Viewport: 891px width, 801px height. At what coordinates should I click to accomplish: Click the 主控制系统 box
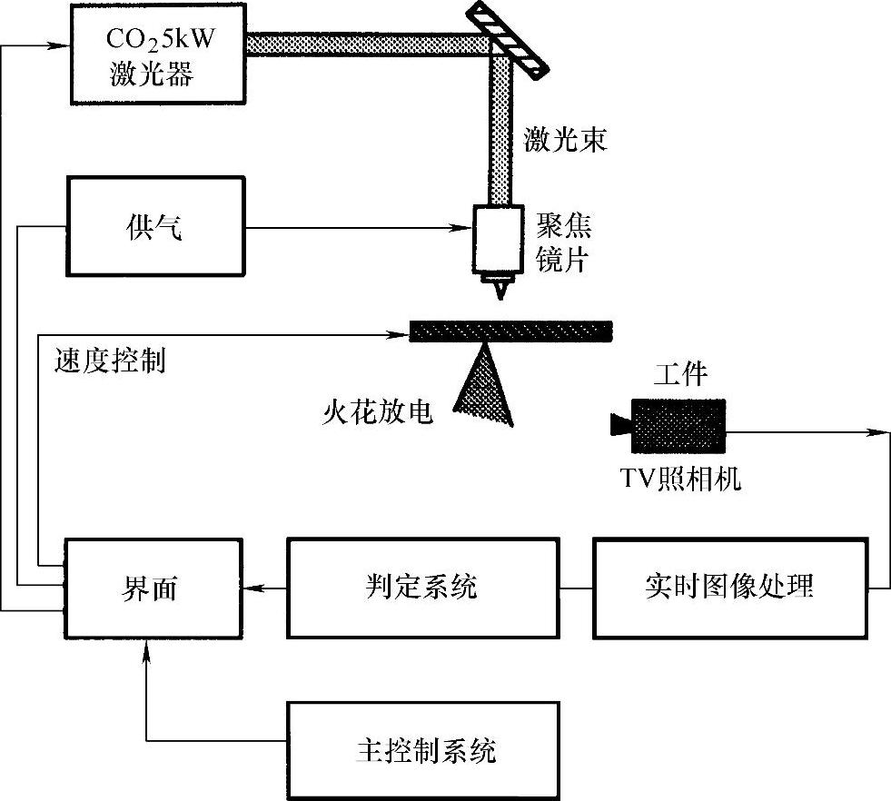pyautogui.click(x=422, y=751)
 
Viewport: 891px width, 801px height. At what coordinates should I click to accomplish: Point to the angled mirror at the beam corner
pyautogui.click(x=508, y=38)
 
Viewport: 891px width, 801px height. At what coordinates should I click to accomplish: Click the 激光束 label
pyautogui.click(x=565, y=141)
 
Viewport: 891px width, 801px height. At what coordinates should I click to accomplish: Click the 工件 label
pyautogui.click(x=679, y=372)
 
